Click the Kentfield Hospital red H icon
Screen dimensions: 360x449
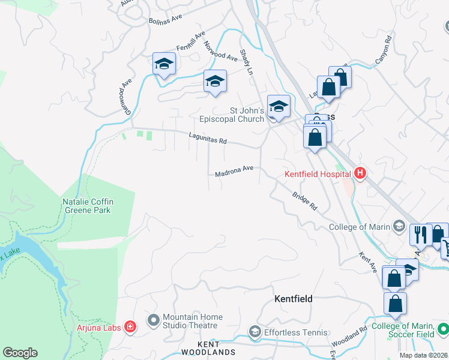tap(360, 174)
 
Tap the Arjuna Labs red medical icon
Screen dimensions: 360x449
tap(130, 327)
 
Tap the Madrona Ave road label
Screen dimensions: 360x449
tap(234, 173)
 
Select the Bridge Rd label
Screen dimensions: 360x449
tap(304, 201)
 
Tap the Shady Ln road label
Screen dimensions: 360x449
tap(247, 62)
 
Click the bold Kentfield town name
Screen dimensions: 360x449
tap(294, 298)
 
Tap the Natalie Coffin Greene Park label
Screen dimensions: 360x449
tap(88, 206)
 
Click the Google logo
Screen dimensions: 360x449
tap(20, 353)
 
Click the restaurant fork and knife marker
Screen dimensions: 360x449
tap(420, 233)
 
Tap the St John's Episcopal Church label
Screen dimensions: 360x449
tap(247, 115)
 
